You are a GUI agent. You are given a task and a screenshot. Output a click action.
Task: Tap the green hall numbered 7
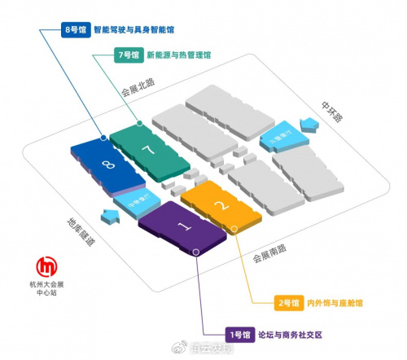point(147,150)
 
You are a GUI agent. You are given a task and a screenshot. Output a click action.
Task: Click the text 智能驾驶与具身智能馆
point(134,29)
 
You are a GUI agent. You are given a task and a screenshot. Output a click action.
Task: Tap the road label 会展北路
point(138,87)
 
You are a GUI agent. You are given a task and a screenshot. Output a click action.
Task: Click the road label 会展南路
point(269,260)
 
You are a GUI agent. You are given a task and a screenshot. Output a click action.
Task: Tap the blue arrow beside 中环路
point(310,124)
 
